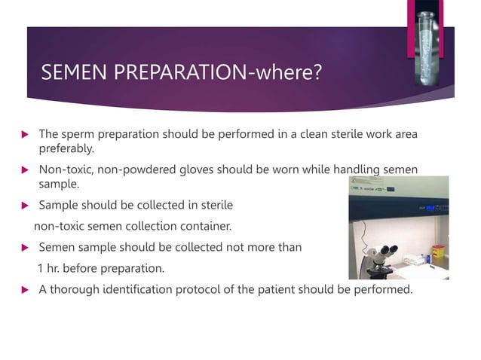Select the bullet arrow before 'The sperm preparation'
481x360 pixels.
[x=23, y=135]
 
